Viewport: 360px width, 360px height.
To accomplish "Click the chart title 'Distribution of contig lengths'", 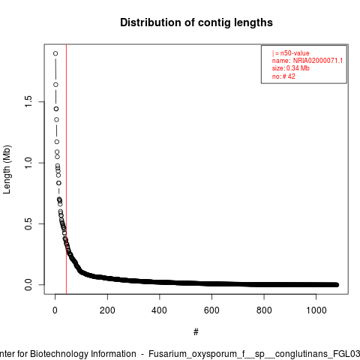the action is point(196,22).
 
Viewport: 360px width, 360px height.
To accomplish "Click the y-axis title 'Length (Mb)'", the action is point(7,169).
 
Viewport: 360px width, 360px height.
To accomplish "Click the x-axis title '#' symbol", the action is point(196,332).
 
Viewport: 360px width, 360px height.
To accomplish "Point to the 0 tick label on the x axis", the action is point(55,310).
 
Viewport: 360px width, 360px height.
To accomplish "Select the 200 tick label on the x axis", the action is point(107,310).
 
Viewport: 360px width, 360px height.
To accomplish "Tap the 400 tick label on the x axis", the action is point(159,310).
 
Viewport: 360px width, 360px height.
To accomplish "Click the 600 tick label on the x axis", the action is point(211,310).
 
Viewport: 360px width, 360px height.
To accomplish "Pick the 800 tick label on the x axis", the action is point(264,310).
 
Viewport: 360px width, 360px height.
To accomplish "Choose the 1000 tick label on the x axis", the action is point(316,310).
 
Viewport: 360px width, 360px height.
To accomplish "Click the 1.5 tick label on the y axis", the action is point(28,102).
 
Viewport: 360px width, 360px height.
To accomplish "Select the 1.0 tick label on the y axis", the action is point(28,163).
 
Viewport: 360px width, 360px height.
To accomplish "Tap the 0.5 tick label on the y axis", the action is point(28,223).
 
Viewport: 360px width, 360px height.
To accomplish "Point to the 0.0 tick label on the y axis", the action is point(28,285).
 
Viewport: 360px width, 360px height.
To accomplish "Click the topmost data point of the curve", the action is point(55,53).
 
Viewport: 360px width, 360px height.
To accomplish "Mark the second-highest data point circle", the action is point(55,85).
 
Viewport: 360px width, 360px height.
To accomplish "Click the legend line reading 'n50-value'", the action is point(291,53).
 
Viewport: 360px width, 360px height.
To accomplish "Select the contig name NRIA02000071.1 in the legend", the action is point(318,61).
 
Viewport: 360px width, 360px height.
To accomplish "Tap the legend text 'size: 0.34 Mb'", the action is point(291,68).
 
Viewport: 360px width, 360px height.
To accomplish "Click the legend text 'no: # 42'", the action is point(283,76).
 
